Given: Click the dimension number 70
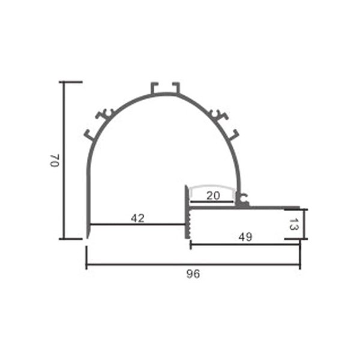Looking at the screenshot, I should click(x=54, y=160).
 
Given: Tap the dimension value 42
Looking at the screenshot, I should click(x=137, y=218).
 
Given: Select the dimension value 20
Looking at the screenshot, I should click(x=212, y=196).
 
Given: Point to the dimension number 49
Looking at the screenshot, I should click(x=245, y=237).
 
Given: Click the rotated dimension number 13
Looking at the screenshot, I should click(x=293, y=224).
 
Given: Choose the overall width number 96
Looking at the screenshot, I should click(x=193, y=274).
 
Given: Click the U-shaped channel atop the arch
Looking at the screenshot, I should click(x=165, y=88).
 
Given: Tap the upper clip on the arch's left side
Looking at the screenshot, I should click(x=106, y=113).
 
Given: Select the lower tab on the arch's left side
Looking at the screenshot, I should click(x=90, y=134).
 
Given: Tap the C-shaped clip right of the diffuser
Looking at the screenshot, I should click(x=242, y=197).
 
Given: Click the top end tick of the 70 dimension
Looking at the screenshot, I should click(x=71, y=82).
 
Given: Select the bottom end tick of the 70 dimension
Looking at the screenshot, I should click(x=71, y=239).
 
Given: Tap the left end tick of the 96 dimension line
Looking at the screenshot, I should click(x=86, y=263).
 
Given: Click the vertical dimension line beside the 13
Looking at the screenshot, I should click(x=303, y=224).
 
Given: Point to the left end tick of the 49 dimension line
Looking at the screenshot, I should click(x=190, y=244).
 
